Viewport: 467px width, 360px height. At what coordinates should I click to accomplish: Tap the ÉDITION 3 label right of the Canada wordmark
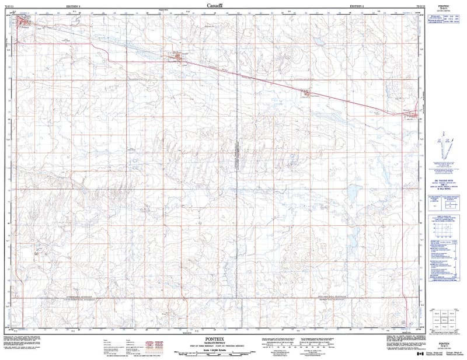pyautogui.click(x=355, y=6)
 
